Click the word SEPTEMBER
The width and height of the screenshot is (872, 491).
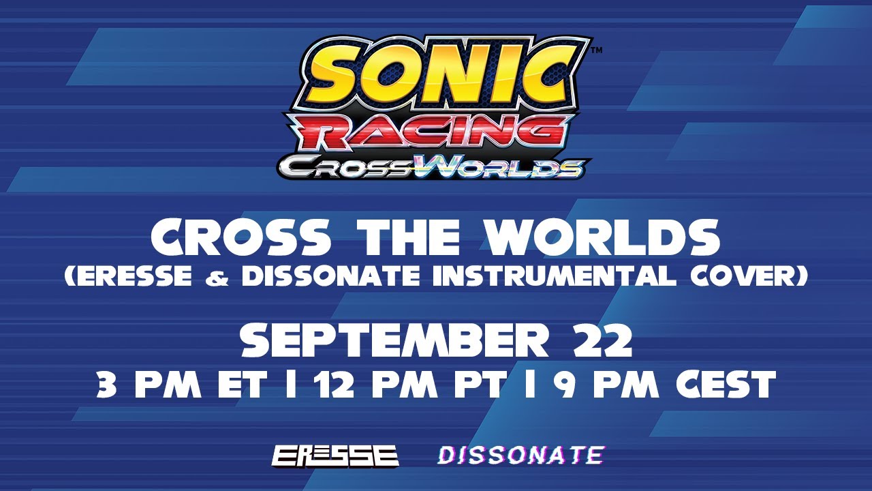click(x=394, y=340)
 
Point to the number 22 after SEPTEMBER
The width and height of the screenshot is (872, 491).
click(x=601, y=340)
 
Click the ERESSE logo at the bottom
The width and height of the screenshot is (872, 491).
click(x=335, y=456)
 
